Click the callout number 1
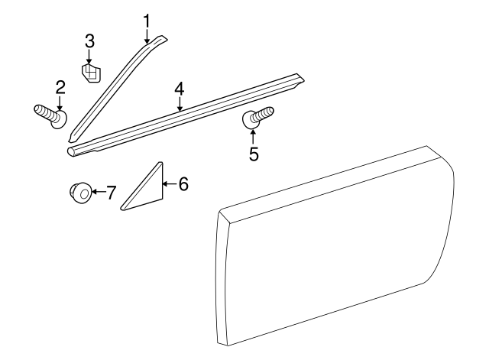tap(147, 18)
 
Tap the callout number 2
tap(58, 87)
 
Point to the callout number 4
tap(179, 89)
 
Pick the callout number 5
tap(254, 154)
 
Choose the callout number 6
tap(183, 183)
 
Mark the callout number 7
tap(111, 193)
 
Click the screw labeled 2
tap(50, 118)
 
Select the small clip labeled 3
tap(91, 73)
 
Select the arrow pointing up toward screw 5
tap(254, 136)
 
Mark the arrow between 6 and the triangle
tap(168, 183)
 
